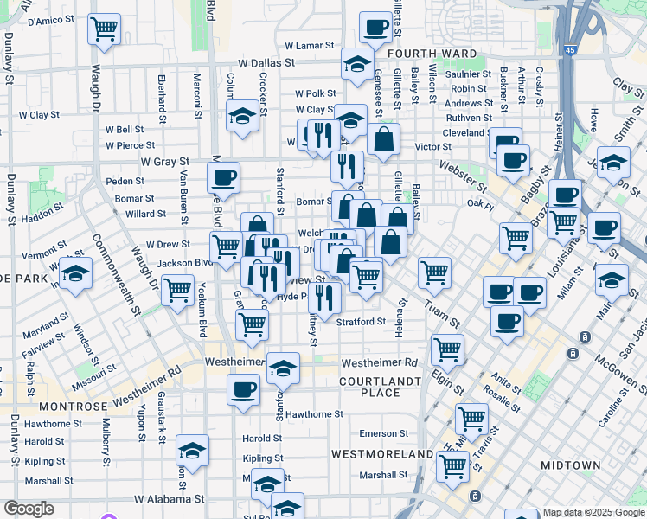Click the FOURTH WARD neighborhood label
tap(432, 54)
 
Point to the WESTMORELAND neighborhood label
tap(382, 453)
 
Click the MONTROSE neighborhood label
tap(73, 406)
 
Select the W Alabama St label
tap(170, 499)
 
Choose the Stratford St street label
tap(361, 322)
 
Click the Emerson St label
tap(383, 433)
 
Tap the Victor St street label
tap(433, 147)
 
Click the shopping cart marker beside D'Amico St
tap(104, 29)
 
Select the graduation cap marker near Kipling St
tap(192, 451)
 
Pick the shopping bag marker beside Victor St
tap(382, 138)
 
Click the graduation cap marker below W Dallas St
tap(356, 64)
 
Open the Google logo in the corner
tap(29, 509)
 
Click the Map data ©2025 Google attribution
tap(593, 512)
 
